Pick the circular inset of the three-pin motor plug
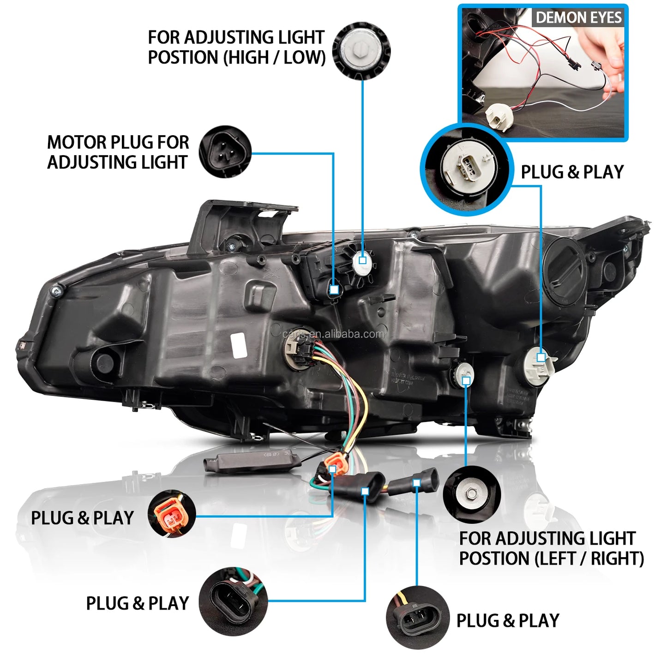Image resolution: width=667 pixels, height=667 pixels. (225, 152)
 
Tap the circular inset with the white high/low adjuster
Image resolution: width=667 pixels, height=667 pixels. (361, 50)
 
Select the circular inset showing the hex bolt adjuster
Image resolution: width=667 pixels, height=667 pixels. (471, 494)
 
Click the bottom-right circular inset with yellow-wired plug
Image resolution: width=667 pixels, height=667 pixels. (417, 617)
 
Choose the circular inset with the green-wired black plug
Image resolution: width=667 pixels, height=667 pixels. (233, 601)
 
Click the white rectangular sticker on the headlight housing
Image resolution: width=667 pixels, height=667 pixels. (239, 345)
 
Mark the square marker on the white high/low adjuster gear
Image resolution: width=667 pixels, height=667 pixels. (362, 260)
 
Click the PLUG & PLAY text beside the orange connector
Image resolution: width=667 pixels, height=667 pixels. (82, 518)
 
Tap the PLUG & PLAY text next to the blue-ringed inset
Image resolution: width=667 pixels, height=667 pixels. (572, 172)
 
